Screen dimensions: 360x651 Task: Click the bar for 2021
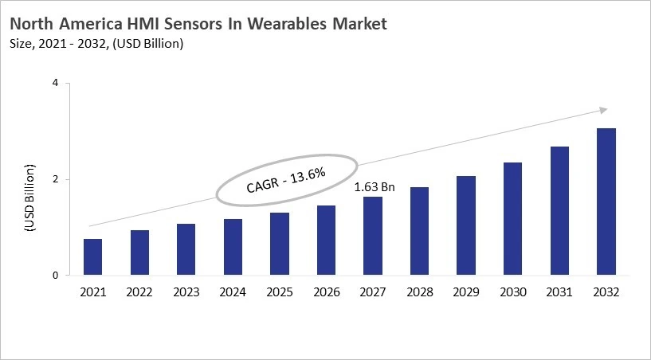pyautogui.click(x=92, y=257)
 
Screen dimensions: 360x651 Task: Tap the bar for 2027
pyautogui.click(x=372, y=236)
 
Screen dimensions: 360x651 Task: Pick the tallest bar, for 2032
pyautogui.click(x=606, y=202)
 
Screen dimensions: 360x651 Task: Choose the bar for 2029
pyautogui.click(x=465, y=225)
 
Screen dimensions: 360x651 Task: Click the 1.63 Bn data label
pyautogui.click(x=375, y=187)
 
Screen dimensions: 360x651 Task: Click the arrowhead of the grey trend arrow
pyautogui.click(x=603, y=110)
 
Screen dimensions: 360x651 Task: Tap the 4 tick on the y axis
pyautogui.click(x=57, y=83)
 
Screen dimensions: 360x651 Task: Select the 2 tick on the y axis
pyautogui.click(x=57, y=179)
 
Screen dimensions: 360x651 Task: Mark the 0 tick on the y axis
pyautogui.click(x=57, y=276)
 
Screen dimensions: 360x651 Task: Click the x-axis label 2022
pyautogui.click(x=139, y=292)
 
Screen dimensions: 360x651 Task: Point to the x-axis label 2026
pyautogui.click(x=326, y=292)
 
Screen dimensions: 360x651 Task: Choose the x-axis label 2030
pyautogui.click(x=512, y=292)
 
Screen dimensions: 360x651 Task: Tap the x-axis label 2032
pyautogui.click(x=606, y=292)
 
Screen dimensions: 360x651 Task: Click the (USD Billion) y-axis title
pyautogui.click(x=29, y=198)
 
